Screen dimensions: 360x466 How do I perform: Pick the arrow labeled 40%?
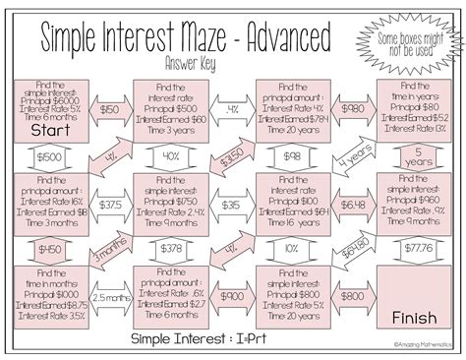tap(170, 157)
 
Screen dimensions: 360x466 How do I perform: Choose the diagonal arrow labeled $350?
tap(232, 155)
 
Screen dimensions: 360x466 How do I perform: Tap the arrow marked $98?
tap(291, 157)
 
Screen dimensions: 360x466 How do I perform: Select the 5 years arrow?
tap(414, 156)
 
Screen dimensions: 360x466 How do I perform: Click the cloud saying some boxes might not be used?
tap(414, 40)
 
